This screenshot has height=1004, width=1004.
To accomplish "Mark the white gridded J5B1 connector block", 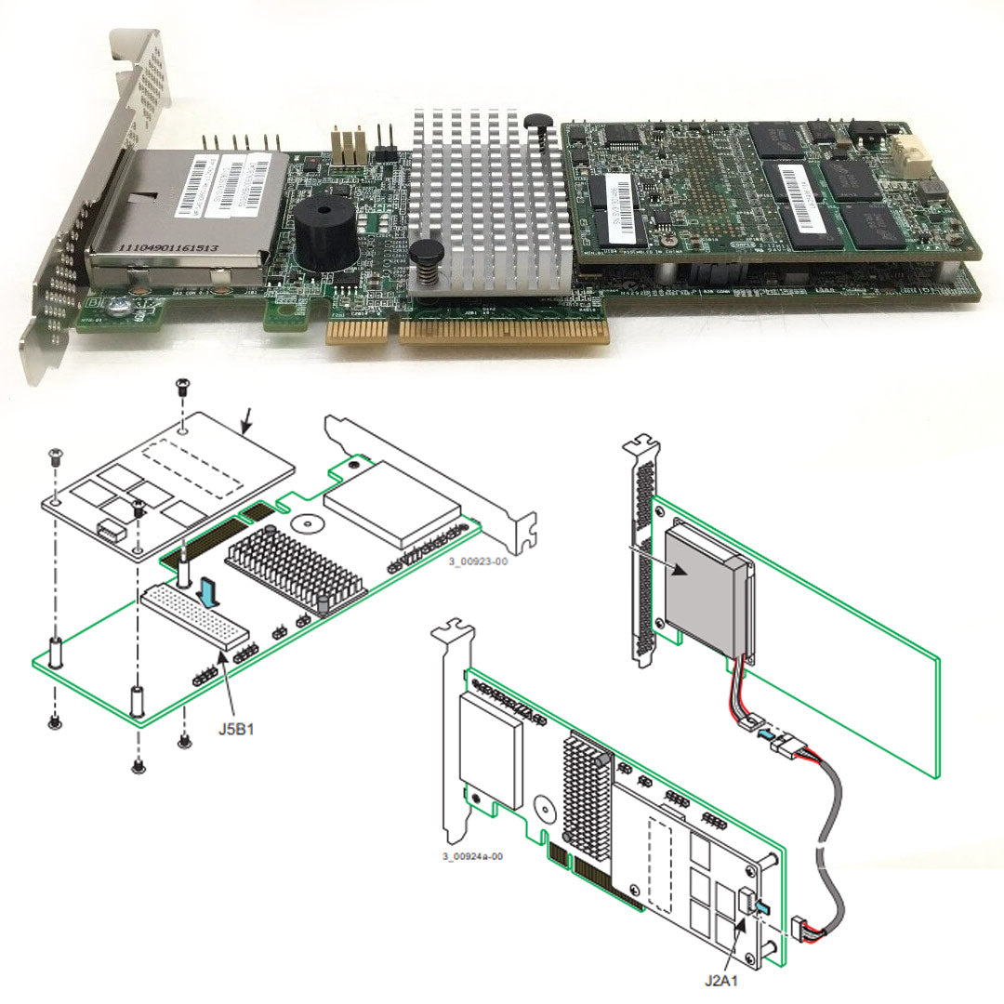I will pyautogui.click(x=196, y=615).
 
